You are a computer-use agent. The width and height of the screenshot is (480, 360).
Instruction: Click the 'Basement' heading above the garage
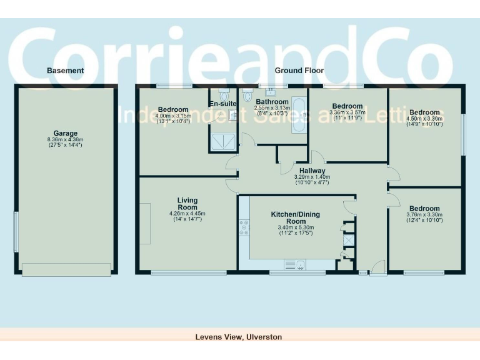tap(65, 71)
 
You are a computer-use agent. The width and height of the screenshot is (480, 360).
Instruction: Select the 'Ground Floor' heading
tap(299, 71)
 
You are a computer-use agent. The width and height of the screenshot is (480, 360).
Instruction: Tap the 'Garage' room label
tap(65, 133)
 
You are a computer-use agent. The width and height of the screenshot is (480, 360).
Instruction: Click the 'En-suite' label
tap(222, 103)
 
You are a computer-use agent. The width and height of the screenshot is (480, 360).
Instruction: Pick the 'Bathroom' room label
tap(271, 102)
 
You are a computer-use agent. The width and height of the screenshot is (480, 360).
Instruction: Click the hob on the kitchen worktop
tap(243, 228)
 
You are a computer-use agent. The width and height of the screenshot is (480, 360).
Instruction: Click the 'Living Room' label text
tap(187, 204)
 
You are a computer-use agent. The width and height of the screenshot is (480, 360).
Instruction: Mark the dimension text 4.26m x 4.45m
tap(187, 214)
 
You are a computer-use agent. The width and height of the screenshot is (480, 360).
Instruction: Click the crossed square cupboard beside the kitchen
tap(348, 239)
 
